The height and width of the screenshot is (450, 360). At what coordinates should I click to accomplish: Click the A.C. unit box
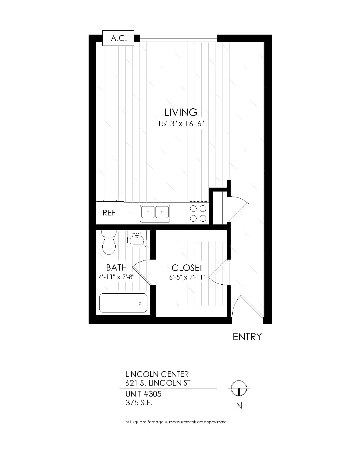pos(118,38)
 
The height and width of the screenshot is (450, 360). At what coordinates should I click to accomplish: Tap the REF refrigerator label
pos(109,213)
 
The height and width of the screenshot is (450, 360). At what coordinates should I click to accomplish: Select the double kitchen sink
pos(155,213)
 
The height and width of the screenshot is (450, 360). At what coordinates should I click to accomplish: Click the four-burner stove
pos(198,213)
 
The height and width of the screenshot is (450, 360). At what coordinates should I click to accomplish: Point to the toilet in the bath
pos(109,242)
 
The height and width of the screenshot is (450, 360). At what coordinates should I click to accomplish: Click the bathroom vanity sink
pos(137,238)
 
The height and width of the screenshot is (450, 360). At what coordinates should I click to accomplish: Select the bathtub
pos(123,303)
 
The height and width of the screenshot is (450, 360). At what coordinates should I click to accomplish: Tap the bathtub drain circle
pos(140,303)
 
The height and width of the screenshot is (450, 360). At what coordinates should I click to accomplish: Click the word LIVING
pos(181,112)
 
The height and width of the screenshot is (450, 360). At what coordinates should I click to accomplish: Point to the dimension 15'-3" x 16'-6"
pos(181,123)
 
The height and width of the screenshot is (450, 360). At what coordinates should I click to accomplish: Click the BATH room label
pos(116,268)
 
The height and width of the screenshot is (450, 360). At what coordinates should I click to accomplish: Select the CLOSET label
pos(187,268)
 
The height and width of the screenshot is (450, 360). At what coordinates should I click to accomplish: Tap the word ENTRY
pos(247,337)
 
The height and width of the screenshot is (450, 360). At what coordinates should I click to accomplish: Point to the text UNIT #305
pos(143,394)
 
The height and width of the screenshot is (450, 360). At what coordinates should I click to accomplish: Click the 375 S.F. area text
pos(139,403)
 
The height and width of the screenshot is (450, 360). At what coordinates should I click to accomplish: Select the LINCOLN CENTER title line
pos(157,374)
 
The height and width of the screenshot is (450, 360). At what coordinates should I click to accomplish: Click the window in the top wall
pos(178,38)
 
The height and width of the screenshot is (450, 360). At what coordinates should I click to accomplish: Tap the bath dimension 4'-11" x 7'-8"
pos(116,277)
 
